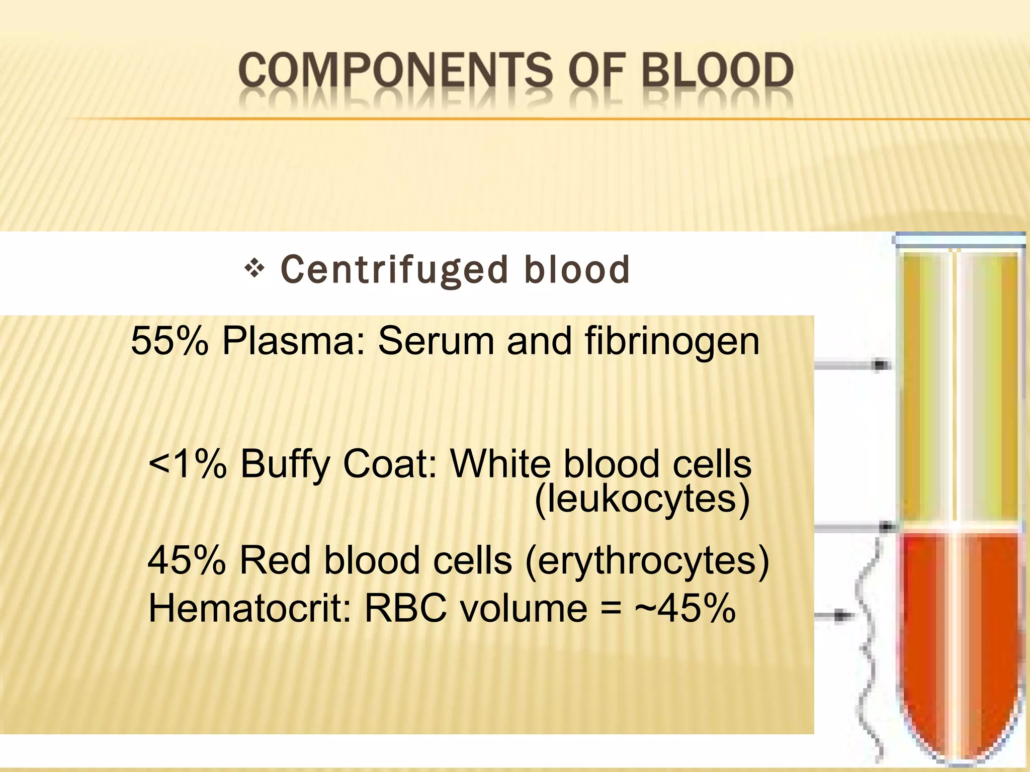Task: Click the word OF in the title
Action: (x=598, y=71)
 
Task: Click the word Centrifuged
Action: (x=394, y=270)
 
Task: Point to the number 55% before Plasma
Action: (x=169, y=341)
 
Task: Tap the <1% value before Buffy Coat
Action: (x=188, y=463)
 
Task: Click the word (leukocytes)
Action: (x=642, y=500)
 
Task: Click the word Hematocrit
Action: (x=250, y=609)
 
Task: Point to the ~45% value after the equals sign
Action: (x=685, y=609)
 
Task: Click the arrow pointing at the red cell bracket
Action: (x=835, y=615)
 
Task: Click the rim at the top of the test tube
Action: (x=959, y=240)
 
